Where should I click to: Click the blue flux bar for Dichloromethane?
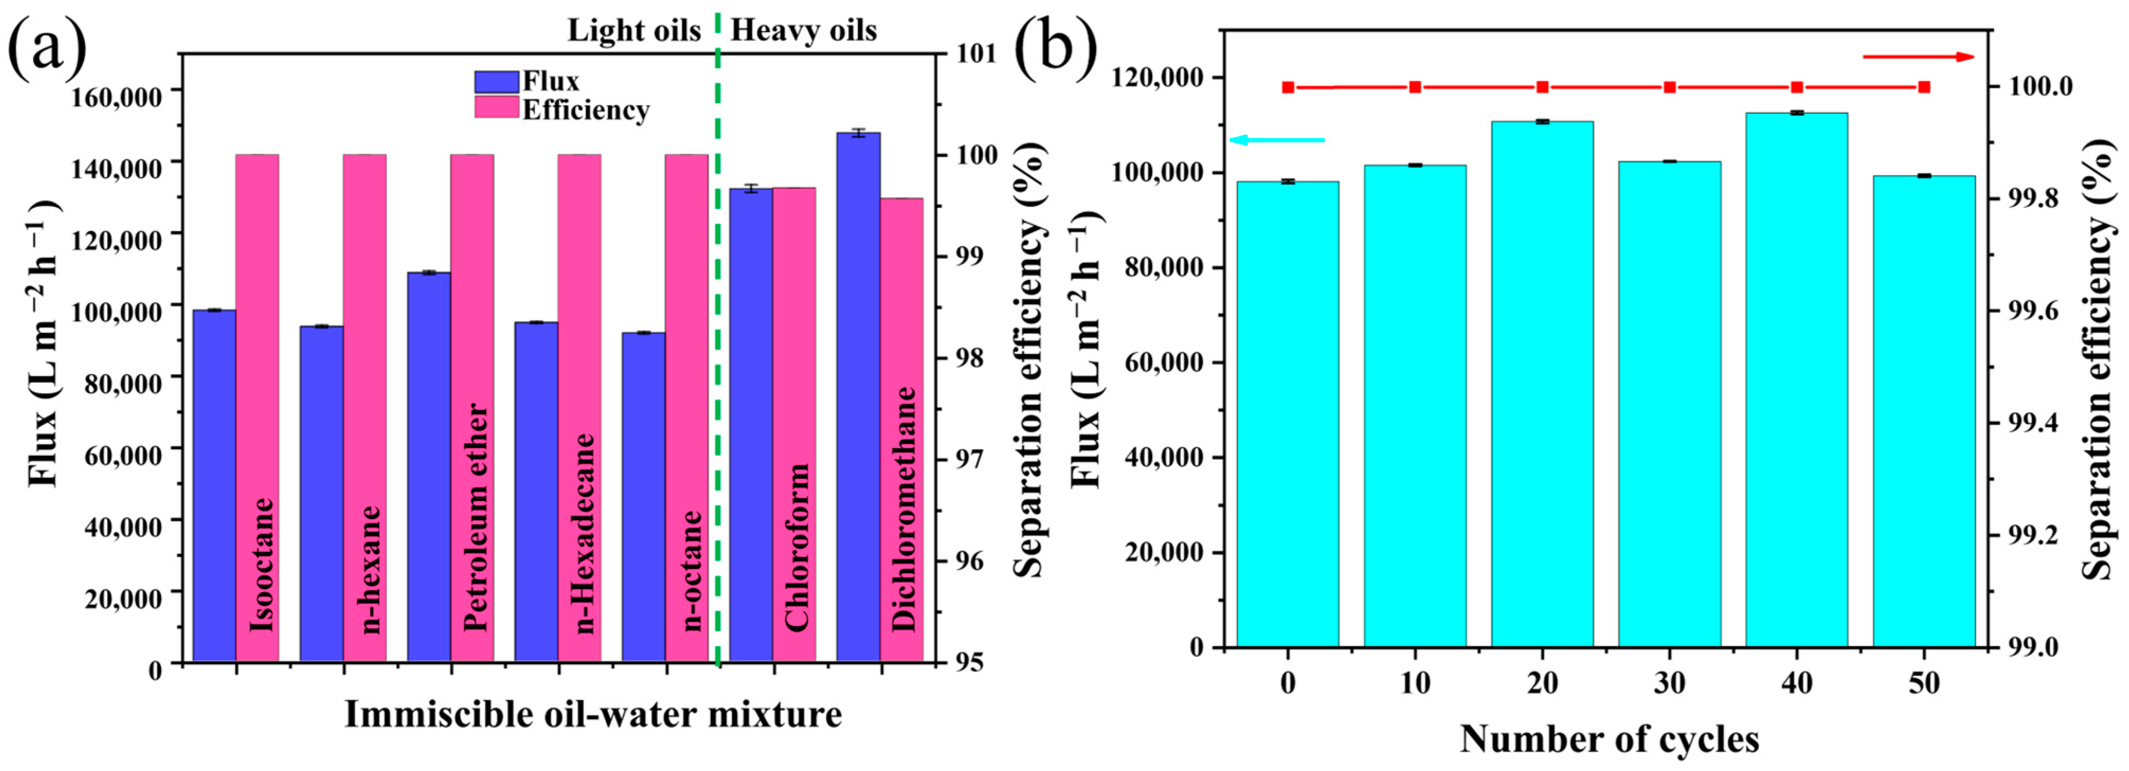858,397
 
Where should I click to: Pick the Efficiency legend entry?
584,110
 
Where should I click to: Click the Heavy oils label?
804,31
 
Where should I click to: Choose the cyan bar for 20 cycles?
1542,384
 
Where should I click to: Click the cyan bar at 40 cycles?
1796,379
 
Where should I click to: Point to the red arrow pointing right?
1917,57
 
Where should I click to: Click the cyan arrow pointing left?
1277,140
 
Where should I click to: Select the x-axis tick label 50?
1924,683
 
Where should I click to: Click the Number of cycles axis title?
1609,739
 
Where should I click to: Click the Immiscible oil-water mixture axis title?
592,714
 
